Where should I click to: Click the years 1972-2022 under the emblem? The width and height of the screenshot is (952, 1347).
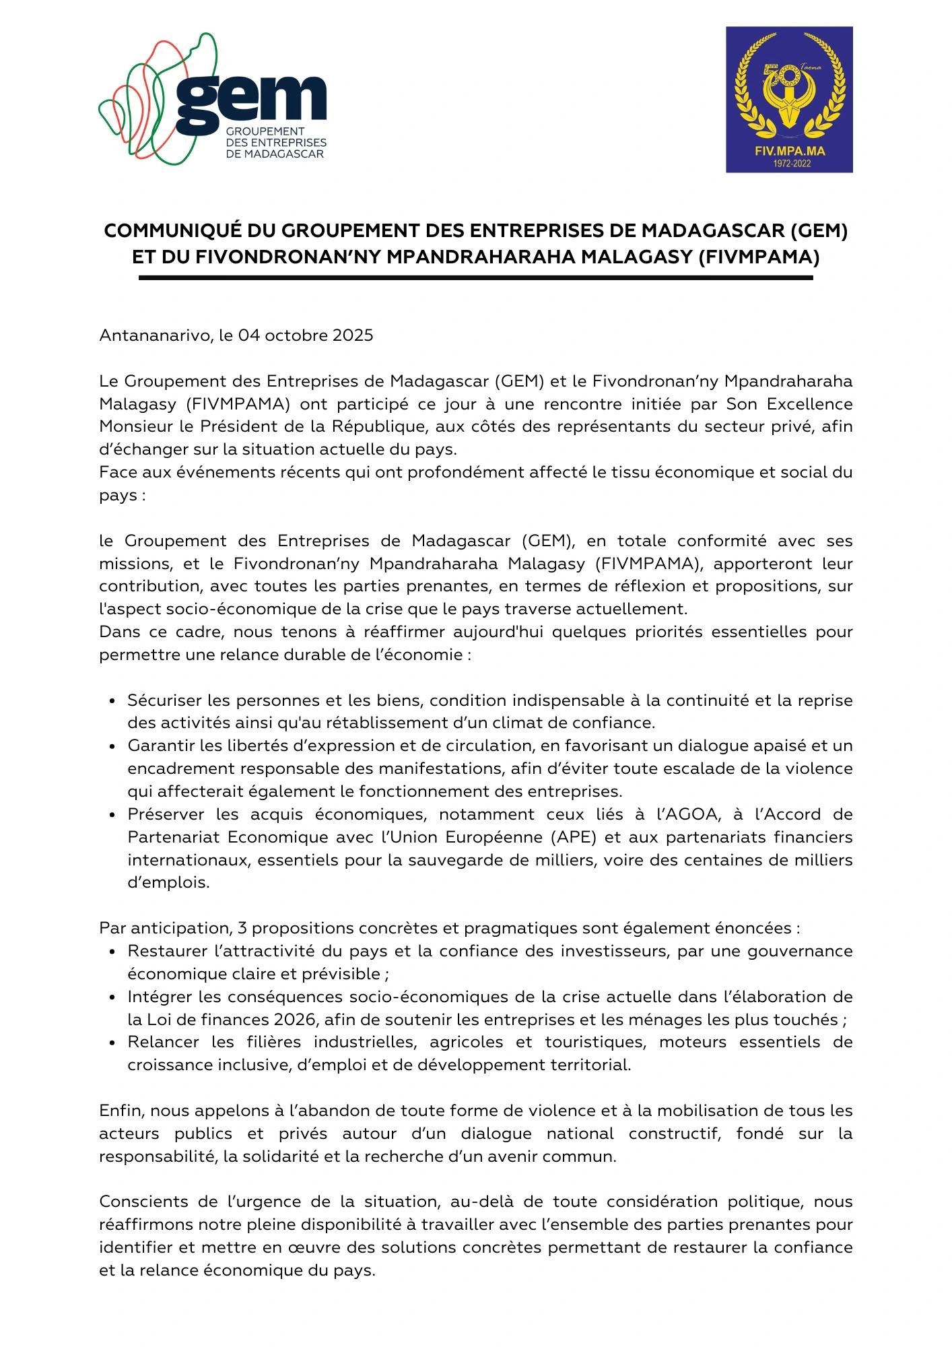(789, 164)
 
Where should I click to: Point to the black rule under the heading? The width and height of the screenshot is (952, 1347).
(475, 278)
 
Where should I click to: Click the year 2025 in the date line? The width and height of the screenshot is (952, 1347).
(353, 335)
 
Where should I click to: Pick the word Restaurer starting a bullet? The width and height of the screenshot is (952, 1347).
(166, 951)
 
